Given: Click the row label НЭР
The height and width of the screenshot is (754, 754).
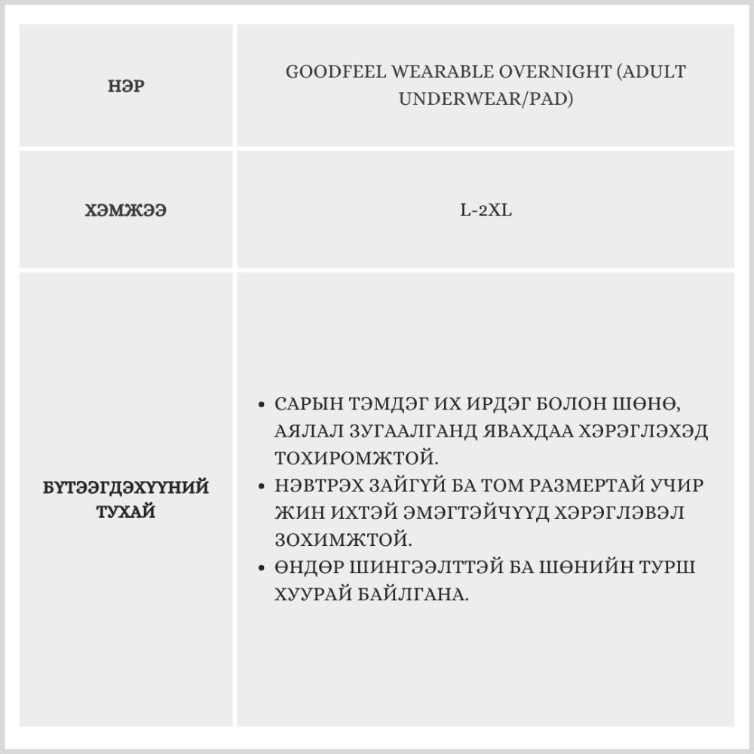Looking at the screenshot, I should coord(126,87).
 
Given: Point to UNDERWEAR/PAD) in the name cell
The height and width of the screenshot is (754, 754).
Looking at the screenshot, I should coord(485,99).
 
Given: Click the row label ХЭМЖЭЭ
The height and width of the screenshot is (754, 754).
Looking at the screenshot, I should coord(126,210).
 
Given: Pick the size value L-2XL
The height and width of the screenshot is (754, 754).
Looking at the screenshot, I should coord(486,210).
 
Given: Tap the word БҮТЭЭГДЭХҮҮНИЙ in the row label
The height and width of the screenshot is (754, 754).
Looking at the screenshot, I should coord(126,487).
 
